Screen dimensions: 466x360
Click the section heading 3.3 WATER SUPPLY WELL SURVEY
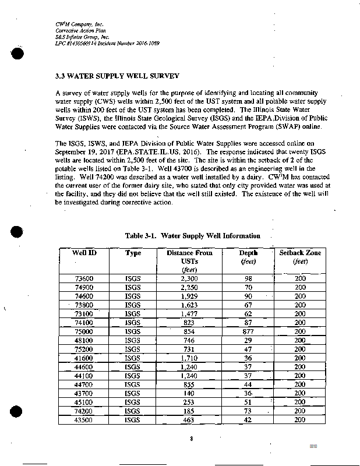[117, 76]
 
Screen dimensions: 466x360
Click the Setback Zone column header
[300, 253]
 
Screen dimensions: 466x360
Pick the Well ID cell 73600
[84, 279]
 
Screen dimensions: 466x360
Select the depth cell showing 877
[248, 331]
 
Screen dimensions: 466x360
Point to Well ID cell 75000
[84, 331]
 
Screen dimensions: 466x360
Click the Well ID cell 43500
[84, 419]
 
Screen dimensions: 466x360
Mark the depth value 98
[248, 279]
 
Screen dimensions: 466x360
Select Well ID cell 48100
[84, 340]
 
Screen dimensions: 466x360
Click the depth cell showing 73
[248, 410]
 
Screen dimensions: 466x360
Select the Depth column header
[248, 253]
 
